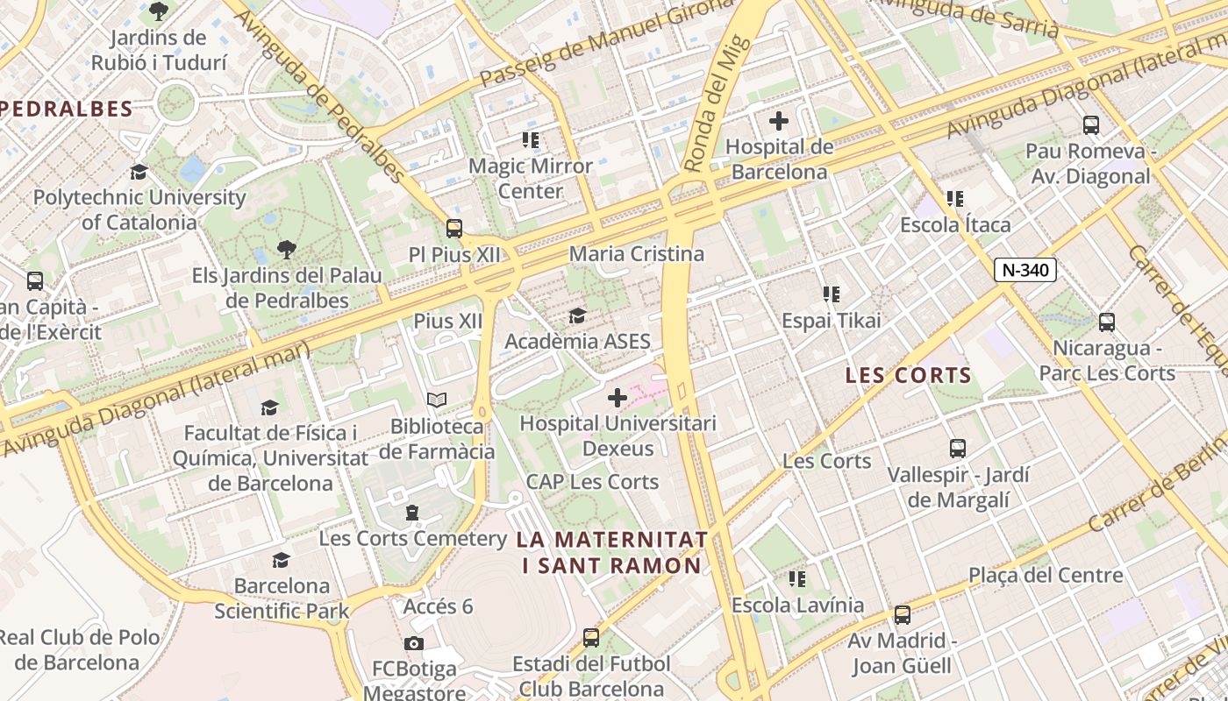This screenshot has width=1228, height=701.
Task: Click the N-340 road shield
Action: pos(1025,270)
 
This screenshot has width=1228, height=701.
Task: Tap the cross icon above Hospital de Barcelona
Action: pos(778,121)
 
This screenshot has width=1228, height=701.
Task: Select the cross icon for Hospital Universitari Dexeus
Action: pos(618,398)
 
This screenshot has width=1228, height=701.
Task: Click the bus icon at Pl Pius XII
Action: pos(453,228)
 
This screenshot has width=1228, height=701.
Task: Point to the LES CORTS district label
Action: pos(908,376)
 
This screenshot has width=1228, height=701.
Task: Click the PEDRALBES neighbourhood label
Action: pos(67,110)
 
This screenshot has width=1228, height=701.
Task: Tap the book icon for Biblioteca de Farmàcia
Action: pos(436,400)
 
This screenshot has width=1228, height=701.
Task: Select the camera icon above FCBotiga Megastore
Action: pos(414,643)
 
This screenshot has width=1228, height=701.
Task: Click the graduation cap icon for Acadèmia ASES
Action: pos(577,315)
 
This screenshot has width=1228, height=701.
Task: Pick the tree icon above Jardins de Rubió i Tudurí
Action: pos(159,11)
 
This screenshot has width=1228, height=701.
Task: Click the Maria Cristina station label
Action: pos(637,254)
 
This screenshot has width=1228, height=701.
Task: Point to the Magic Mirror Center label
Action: pos(531,178)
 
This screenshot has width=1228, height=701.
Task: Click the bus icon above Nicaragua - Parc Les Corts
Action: pos(1107,322)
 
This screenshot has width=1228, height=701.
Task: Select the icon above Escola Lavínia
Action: pos(797,578)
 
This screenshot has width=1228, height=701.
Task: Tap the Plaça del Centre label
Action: pos(1046,576)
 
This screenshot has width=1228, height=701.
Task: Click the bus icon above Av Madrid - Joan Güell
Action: pos(902,614)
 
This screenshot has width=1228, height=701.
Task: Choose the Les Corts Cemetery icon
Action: pos(412,513)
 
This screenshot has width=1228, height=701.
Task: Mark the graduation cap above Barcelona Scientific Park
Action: pos(281,559)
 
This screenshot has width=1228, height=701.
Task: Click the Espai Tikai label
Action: pos(832,321)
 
